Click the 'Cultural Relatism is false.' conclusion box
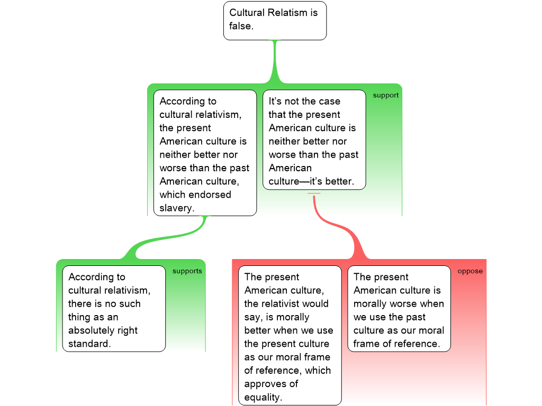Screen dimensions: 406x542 [x=275, y=20]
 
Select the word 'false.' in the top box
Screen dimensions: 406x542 [x=241, y=25]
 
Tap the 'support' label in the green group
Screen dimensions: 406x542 [x=385, y=96]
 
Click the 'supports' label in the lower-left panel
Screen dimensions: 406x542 [x=187, y=271]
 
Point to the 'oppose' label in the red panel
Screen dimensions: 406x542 [x=470, y=271]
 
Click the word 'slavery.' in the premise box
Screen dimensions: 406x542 [x=177, y=208]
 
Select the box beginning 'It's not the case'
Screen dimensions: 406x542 [x=314, y=140]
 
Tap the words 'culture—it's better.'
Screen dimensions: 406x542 [x=311, y=182]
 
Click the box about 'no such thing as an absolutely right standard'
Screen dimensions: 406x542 [x=114, y=309]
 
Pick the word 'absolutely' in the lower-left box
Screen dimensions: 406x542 [x=103, y=331]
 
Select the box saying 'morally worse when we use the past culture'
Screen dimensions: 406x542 [x=399, y=309]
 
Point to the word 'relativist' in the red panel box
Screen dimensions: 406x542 [x=285, y=304]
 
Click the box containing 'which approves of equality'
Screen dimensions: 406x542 [x=290, y=335]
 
